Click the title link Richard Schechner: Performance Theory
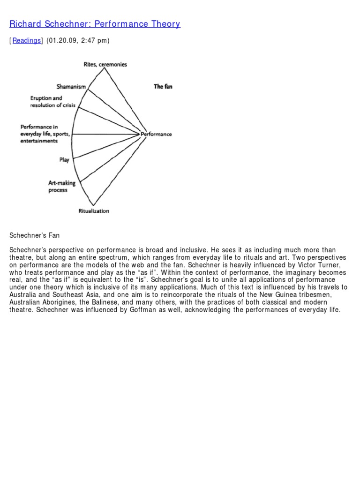(95, 24)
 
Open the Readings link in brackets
(26, 41)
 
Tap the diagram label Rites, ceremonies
(105, 64)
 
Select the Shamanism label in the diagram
(71, 87)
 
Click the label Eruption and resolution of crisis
(52, 102)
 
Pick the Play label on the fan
(64, 160)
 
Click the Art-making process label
(61, 187)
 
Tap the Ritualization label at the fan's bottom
(93, 211)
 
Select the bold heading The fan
(163, 86)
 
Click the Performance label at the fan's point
(157, 134)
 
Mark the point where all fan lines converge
(140, 134)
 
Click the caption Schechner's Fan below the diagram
(35, 235)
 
